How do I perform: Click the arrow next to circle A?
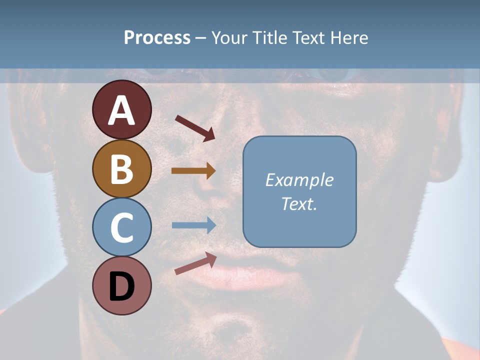tap(195, 128)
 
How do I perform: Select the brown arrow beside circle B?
tap(193, 170)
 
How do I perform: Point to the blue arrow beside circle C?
tap(194, 225)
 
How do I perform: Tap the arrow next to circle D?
tap(195, 263)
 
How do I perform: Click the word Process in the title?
tap(157, 38)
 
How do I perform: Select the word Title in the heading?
tap(269, 38)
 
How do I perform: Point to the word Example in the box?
tap(299, 180)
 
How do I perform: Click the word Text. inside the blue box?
tap(299, 203)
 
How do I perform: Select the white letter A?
tap(121, 110)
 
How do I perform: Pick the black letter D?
tap(121, 286)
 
